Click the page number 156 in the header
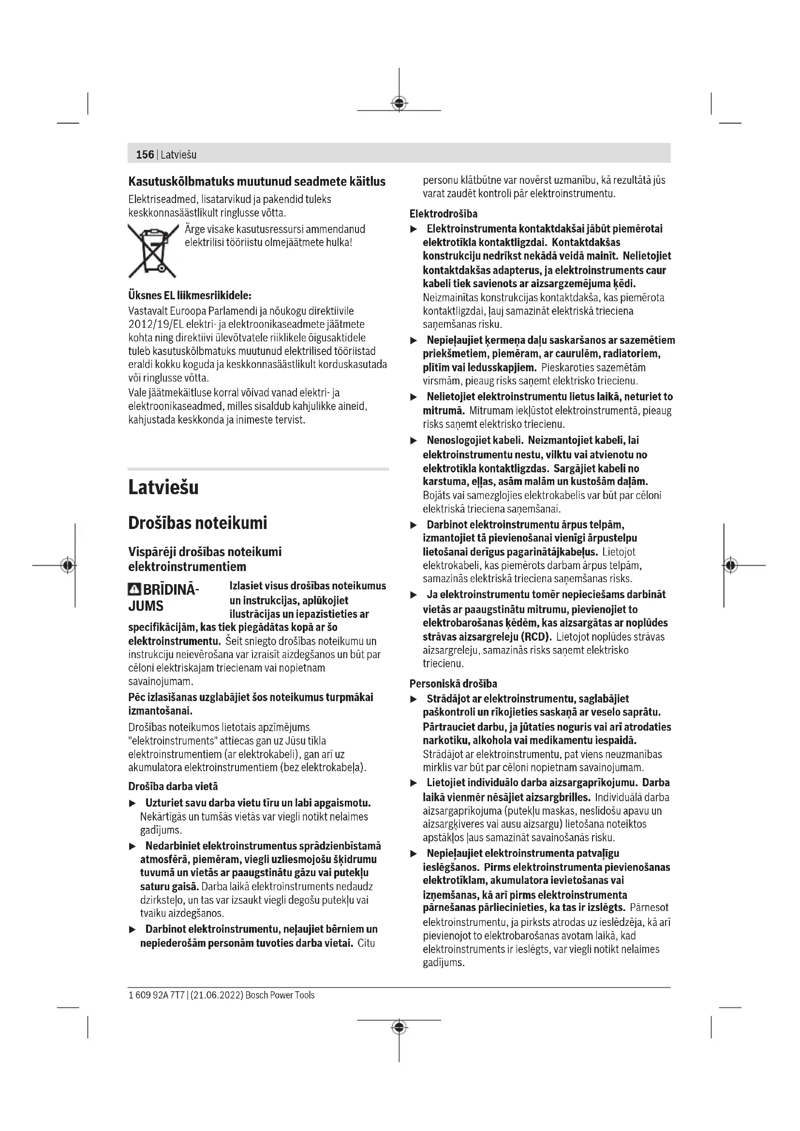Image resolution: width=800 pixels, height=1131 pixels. point(145,155)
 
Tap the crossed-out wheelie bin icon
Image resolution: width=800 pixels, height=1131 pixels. point(153,250)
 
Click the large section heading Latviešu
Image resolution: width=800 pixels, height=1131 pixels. point(163,488)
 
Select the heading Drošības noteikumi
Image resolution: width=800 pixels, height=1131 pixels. point(197,523)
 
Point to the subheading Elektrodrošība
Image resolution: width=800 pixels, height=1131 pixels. point(444,214)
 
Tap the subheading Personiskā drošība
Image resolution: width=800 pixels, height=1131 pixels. point(453,684)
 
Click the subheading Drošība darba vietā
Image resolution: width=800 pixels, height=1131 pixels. point(173,786)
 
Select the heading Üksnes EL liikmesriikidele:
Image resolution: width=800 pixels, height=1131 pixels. point(190,295)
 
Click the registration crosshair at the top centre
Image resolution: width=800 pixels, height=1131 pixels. point(399,103)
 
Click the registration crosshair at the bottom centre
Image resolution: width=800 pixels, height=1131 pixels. point(399,1027)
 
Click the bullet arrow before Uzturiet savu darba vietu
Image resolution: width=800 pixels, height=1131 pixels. point(132,804)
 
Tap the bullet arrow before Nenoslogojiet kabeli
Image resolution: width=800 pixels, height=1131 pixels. point(414,441)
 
